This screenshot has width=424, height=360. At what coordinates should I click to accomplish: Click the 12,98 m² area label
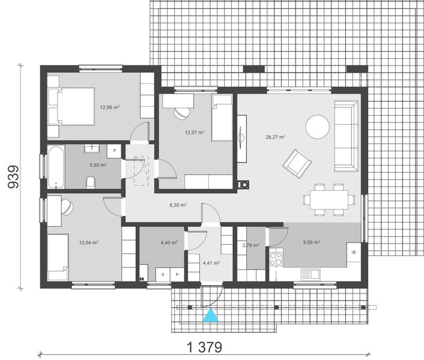tap(109, 107)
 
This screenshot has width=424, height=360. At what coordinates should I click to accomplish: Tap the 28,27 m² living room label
tap(275, 137)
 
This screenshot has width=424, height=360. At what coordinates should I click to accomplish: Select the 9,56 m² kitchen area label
tap(311, 242)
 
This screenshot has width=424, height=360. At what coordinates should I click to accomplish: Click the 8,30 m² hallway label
tap(178, 205)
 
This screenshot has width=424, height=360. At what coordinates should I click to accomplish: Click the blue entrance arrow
tap(210, 316)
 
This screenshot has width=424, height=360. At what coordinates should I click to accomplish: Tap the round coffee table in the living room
tap(317, 127)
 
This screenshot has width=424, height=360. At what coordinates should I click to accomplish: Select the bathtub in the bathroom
tap(56, 166)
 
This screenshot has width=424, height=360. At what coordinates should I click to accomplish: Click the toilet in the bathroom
tap(91, 181)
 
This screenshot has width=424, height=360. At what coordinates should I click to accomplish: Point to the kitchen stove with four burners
tap(277, 259)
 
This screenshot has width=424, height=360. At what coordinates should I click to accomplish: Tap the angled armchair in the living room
tap(297, 163)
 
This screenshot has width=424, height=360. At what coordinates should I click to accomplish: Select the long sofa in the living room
tap(346, 135)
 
